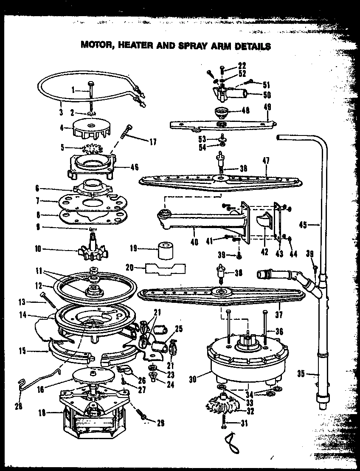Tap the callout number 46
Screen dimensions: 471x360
(x=134, y=167)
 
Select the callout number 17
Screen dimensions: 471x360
(x=152, y=142)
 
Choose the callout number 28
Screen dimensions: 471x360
(x=18, y=405)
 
